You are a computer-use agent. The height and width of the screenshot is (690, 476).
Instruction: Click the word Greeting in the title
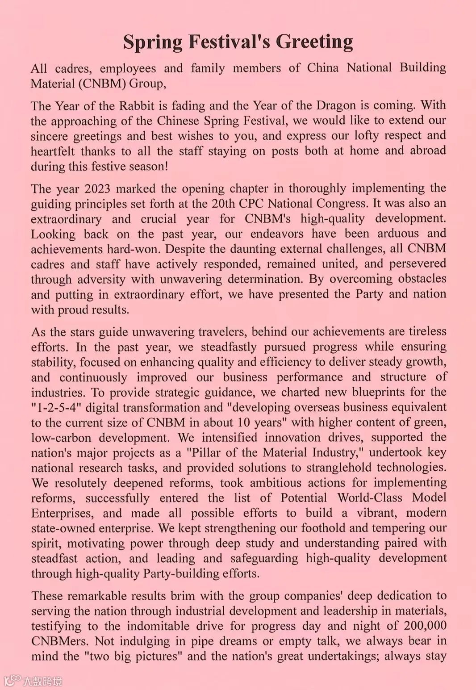[314, 42]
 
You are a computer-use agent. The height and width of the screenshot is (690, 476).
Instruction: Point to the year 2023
[97, 188]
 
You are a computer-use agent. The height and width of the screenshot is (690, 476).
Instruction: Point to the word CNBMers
[60, 641]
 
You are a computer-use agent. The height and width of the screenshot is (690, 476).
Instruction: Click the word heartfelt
[53, 151]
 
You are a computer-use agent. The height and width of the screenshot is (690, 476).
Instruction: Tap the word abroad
[428, 151]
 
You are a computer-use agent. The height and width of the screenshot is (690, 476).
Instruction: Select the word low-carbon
[61, 438]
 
